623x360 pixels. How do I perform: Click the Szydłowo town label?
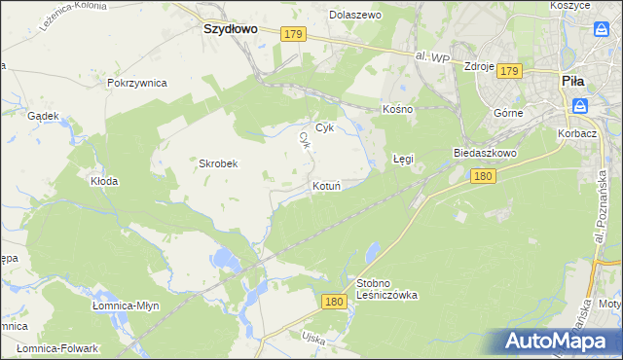click(230, 29)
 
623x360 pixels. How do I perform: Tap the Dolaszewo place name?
click(355, 16)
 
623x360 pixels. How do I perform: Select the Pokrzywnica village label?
click(137, 83)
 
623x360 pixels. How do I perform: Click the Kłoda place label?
click(104, 181)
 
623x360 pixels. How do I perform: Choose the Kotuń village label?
click(325, 186)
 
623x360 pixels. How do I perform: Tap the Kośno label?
click(398, 109)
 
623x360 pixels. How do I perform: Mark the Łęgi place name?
click(403, 157)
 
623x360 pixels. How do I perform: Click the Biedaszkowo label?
click(484, 154)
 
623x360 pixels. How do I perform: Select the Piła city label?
click(572, 83)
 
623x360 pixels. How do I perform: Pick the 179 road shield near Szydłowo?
click(295, 34)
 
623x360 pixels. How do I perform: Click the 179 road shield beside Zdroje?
click(511, 71)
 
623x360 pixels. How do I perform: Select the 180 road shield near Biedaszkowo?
click(484, 176)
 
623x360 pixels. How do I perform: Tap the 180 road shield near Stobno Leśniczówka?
click(334, 303)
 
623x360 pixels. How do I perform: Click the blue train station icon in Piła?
click(580, 106)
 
